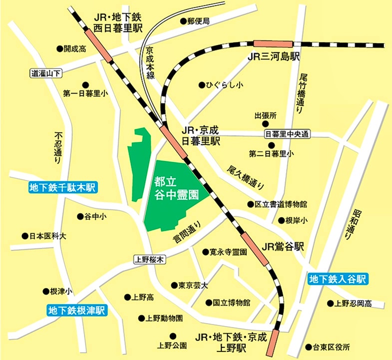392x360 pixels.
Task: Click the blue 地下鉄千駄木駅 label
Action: pyautogui.click(x=63, y=188)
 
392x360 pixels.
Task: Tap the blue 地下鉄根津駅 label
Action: pyautogui.click(x=78, y=310)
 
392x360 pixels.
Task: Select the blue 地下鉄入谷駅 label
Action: pyautogui.click(x=338, y=279)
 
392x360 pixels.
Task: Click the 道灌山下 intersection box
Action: pyautogui.click(x=45, y=73)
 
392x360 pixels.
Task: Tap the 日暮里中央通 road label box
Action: pyautogui.click(x=287, y=134)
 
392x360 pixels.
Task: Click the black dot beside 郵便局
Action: pyautogui.click(x=183, y=21)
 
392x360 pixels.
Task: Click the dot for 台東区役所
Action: pyautogui.click(x=308, y=346)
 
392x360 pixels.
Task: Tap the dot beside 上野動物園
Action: pyautogui.click(x=141, y=317)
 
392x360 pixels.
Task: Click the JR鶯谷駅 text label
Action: pyautogui.click(x=283, y=246)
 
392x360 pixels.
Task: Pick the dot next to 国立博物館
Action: pyautogui.click(x=208, y=302)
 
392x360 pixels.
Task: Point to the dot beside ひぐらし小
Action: pyautogui.click(x=201, y=85)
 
